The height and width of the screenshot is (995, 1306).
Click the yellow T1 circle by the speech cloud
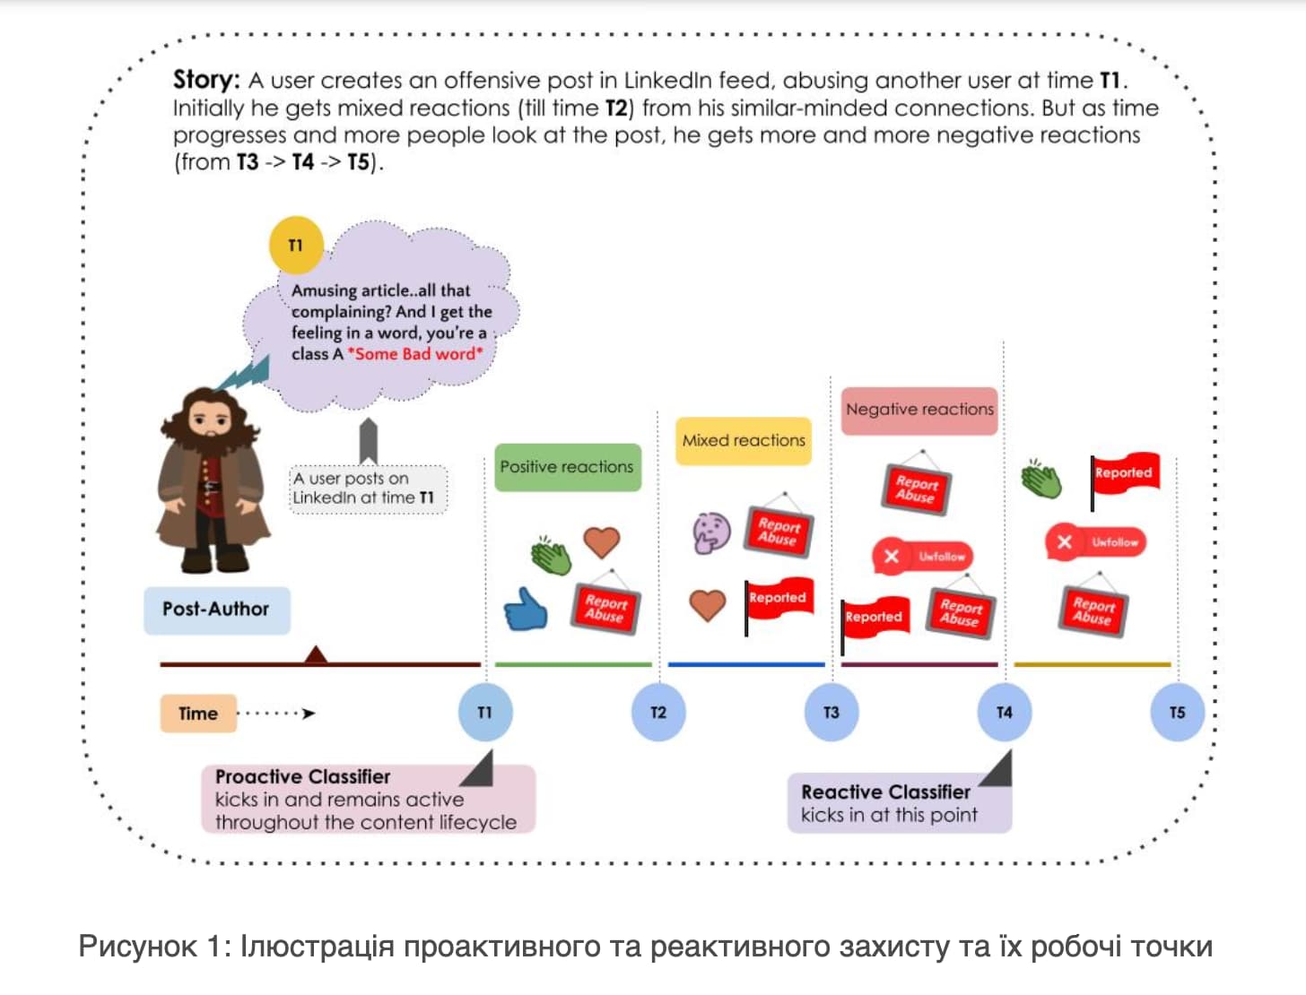point(296,245)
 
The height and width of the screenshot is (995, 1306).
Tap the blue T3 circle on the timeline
point(831,712)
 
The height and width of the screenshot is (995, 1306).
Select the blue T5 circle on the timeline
point(1177,712)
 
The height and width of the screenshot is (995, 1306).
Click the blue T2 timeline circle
point(658,712)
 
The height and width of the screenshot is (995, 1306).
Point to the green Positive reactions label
point(568,467)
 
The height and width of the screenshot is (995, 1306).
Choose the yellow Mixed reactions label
point(743,440)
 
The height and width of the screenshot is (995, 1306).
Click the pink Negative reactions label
point(919,411)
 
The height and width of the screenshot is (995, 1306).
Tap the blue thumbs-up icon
point(525,610)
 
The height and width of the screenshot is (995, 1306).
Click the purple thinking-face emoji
point(711,532)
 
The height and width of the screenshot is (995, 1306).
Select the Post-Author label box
point(216,610)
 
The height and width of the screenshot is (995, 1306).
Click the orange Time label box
point(198,713)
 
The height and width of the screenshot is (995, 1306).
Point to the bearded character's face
point(208,421)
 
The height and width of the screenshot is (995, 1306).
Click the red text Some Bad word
point(415,354)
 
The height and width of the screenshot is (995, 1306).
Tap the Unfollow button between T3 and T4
point(922,557)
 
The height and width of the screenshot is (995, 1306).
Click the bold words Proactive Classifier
point(302,776)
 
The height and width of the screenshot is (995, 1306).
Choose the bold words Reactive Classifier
point(885,792)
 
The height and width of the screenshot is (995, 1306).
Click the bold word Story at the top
point(206,80)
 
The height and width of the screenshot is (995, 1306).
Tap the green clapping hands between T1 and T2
point(551,555)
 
